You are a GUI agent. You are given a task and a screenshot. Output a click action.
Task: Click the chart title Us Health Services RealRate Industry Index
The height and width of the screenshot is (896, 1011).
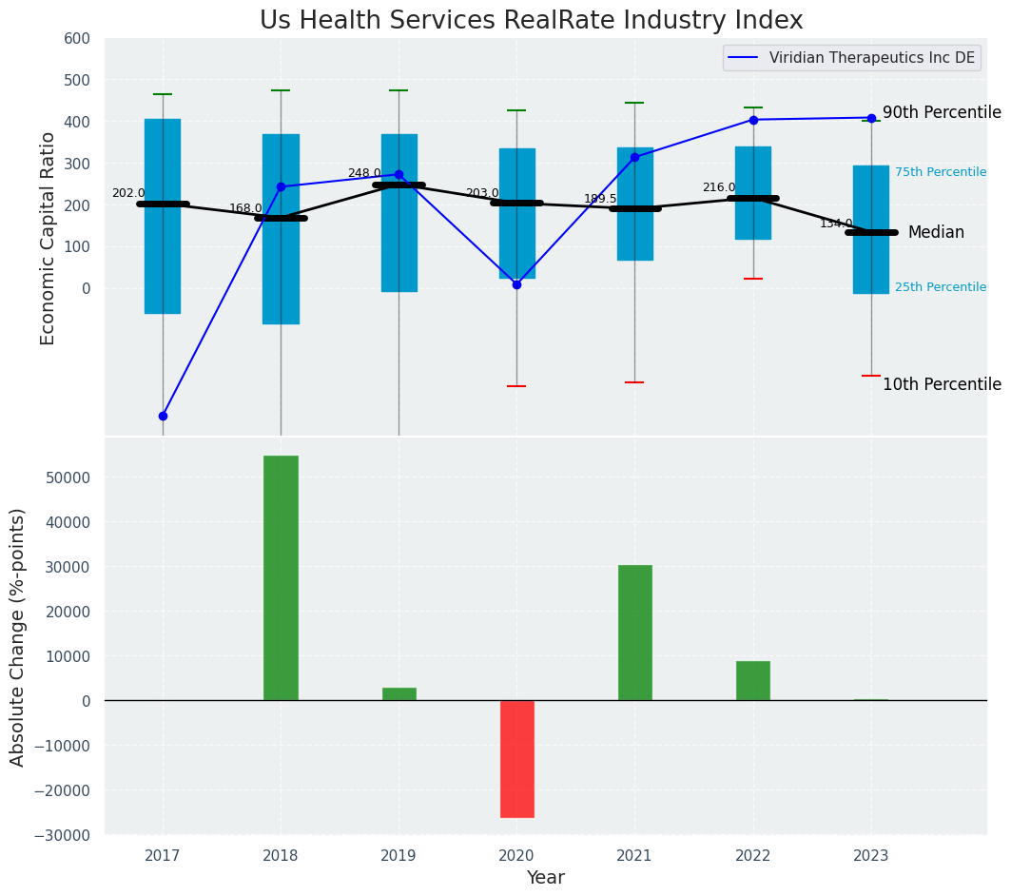[531, 21]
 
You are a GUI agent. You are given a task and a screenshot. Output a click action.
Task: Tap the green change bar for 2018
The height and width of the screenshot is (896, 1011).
[281, 577]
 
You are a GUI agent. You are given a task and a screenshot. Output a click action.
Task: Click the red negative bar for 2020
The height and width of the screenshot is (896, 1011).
[517, 758]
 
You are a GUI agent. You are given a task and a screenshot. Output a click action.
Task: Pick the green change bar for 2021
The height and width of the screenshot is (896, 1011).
[634, 633]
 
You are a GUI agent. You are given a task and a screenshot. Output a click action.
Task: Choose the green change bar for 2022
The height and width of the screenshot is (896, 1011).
[752, 680]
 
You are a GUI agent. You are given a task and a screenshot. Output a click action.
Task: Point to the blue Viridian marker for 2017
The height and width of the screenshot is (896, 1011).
[163, 416]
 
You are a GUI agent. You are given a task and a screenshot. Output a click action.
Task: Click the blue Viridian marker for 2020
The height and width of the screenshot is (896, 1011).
[516, 284]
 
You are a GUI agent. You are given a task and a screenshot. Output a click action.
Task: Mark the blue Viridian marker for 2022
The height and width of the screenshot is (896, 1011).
[753, 120]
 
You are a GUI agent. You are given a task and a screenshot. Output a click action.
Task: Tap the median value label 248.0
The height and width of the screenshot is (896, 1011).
[363, 174]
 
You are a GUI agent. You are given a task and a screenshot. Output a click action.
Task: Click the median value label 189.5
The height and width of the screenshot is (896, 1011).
[600, 199]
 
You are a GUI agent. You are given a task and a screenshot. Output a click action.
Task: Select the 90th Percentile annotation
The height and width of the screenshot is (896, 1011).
[942, 112]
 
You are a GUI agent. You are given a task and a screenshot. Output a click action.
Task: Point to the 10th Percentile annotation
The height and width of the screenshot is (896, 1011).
[942, 384]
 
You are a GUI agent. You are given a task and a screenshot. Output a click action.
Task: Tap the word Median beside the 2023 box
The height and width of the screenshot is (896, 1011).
[936, 233]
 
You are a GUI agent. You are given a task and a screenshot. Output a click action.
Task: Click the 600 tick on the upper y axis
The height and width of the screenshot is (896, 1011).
[77, 38]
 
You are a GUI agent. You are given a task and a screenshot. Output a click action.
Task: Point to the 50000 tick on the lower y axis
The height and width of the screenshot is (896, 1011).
[69, 477]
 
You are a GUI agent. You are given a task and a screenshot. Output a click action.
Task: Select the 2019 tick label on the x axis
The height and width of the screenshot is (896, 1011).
[399, 856]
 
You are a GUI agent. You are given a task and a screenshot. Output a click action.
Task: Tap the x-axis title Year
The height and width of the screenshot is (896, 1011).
[545, 878]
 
